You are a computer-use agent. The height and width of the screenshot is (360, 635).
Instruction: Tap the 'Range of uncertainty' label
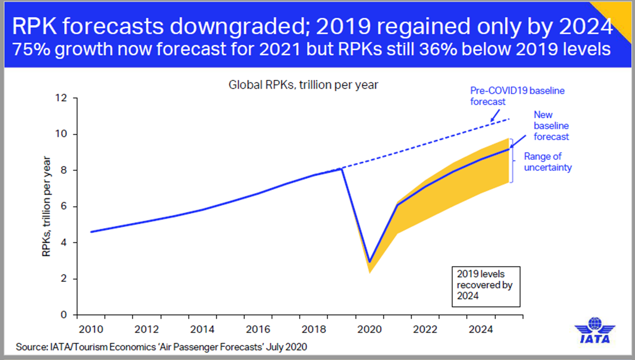(548, 162)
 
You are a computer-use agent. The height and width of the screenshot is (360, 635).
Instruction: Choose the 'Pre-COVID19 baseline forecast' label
(510, 95)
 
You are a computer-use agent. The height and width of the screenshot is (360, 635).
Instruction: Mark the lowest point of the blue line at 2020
(370, 262)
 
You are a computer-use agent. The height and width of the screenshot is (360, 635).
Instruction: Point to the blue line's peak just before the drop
(342, 169)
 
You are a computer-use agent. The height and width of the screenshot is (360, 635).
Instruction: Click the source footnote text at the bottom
(162, 347)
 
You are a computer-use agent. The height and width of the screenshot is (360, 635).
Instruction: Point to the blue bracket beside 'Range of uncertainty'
(512, 160)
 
